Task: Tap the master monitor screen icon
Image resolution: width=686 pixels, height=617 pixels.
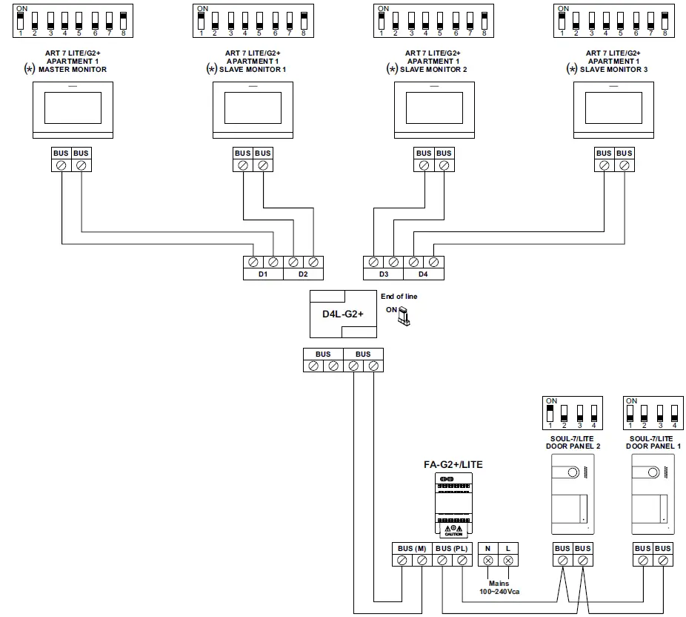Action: point(72,109)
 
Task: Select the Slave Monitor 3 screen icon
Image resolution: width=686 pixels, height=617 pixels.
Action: point(614,109)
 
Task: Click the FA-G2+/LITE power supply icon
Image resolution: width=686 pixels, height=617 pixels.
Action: point(453,504)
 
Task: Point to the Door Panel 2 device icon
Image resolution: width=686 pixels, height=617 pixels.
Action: point(573,494)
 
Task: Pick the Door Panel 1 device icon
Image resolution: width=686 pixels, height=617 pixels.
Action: point(653,494)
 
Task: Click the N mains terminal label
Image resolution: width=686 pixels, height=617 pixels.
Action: point(488,549)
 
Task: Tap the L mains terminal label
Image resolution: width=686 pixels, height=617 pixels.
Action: point(508,549)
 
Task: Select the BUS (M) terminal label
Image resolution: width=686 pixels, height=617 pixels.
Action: point(411,549)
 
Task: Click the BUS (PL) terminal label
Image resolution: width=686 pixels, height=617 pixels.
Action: point(452,549)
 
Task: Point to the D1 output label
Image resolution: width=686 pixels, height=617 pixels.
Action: point(263,274)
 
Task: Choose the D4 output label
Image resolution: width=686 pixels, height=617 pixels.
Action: point(423,274)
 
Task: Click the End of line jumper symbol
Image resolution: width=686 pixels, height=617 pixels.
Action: point(403,317)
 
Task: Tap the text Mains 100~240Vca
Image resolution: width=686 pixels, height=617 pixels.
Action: point(499,588)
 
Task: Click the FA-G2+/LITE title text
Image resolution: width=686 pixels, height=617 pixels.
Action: point(453,464)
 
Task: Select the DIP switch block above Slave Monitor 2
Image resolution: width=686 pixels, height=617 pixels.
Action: point(433,21)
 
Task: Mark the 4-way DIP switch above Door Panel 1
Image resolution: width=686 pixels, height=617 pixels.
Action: point(652,412)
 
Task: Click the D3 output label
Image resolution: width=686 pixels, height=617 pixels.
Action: point(383,274)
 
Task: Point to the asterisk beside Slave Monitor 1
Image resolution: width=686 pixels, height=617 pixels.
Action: point(211,69)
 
